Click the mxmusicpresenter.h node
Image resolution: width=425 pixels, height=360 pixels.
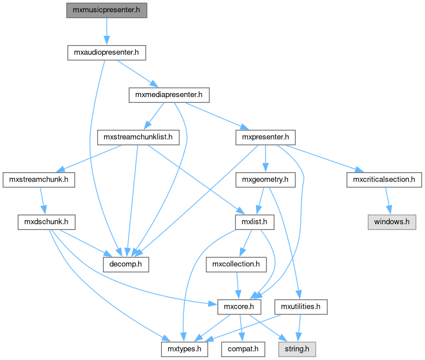coord(106,10)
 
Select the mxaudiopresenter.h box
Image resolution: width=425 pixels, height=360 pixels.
coord(106,53)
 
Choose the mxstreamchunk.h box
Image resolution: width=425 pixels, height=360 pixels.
coord(39,179)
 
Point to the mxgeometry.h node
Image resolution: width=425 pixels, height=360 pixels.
coord(265,179)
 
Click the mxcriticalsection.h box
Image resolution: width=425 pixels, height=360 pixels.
coord(383,179)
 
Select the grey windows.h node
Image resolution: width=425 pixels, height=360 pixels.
coord(391,221)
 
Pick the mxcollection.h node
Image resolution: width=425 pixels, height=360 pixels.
coord(236,264)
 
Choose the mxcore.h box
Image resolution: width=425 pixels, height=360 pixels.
coord(236,306)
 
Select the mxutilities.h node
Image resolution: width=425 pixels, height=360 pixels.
coord(301,306)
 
